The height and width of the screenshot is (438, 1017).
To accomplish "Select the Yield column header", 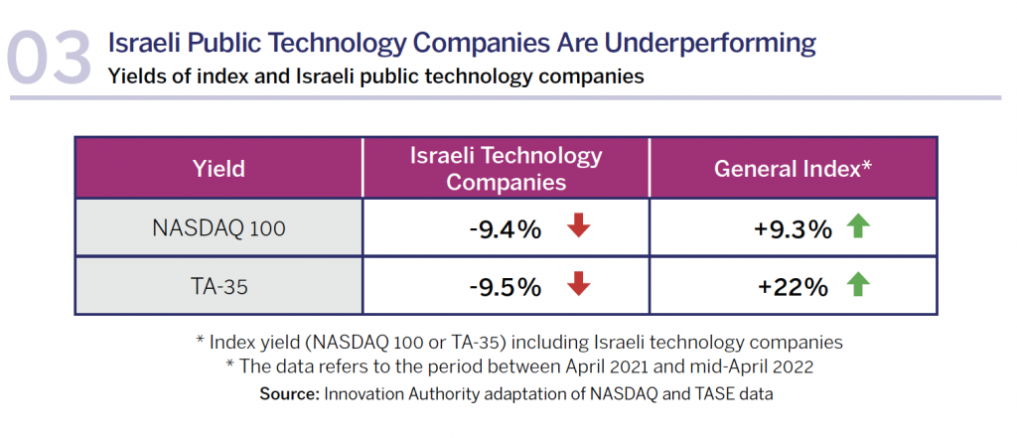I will tap(218, 168).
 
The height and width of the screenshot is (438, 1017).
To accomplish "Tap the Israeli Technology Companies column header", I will tap(506, 168).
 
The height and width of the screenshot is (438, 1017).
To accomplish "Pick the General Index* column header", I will tap(793, 168).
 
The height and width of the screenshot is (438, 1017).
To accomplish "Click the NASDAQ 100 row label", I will tap(218, 228).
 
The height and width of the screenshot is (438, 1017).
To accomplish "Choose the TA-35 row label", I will tap(218, 287).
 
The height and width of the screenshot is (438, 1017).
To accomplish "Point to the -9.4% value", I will tap(505, 229).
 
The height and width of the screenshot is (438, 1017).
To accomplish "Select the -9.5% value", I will tap(505, 288).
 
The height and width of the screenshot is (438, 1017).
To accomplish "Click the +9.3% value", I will tap(793, 229).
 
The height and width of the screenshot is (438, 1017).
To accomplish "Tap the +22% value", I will tap(793, 288).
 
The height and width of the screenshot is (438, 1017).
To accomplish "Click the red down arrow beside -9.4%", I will tap(579, 227).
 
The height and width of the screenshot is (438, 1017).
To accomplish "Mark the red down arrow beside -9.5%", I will tap(579, 286).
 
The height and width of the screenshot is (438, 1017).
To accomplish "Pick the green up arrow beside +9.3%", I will tap(857, 227).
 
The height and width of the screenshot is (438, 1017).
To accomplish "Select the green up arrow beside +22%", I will tap(857, 286).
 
